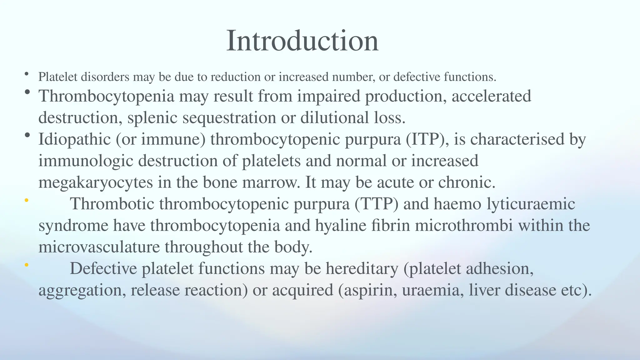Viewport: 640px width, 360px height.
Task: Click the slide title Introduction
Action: coord(302,41)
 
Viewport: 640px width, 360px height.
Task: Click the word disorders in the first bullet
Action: coord(105,77)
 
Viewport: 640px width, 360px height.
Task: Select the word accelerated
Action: coord(491,96)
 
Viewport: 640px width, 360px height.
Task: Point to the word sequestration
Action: coord(229,118)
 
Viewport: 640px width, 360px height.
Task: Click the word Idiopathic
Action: coord(75,139)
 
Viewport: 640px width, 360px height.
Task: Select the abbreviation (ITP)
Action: coord(427,139)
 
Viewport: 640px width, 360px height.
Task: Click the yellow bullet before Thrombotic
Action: coord(27,200)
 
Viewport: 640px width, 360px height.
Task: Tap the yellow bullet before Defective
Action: coord(27,265)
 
